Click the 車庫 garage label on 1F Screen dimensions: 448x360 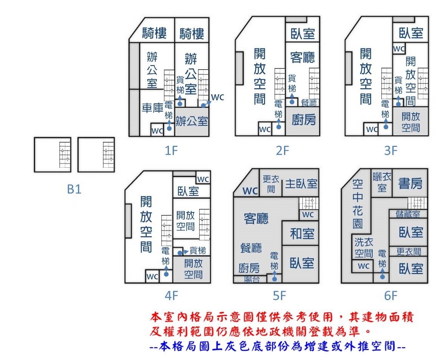pyautogui.click(x=152, y=108)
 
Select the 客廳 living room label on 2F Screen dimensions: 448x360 pyautogui.click(x=303, y=58)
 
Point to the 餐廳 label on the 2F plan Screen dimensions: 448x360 pyautogui.click(x=309, y=102)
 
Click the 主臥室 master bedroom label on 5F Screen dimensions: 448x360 pyautogui.click(x=301, y=184)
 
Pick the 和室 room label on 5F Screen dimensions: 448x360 pyautogui.click(x=302, y=234)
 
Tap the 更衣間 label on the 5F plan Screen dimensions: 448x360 pyautogui.click(x=271, y=184)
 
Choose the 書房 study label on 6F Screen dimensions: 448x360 pyautogui.click(x=410, y=183)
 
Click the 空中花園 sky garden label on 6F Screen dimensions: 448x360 pyautogui.click(x=358, y=203)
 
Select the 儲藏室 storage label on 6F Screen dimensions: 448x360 pyautogui.click(x=408, y=214)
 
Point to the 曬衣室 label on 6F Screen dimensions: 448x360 pyautogui.click(x=382, y=182)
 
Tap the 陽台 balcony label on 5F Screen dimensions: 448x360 pyautogui.click(x=252, y=279)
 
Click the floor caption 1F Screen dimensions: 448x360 pyautogui.click(x=171, y=150)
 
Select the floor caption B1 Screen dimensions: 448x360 pyautogui.click(x=74, y=189)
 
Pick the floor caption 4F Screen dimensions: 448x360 pyautogui.click(x=171, y=295)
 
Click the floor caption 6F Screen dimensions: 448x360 pyautogui.click(x=390, y=295)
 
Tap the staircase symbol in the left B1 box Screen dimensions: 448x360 pyautogui.click(x=65, y=155)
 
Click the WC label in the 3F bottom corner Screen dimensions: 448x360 pyautogui.click(x=372, y=129)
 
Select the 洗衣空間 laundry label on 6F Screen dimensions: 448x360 pyautogui.click(x=364, y=248)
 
